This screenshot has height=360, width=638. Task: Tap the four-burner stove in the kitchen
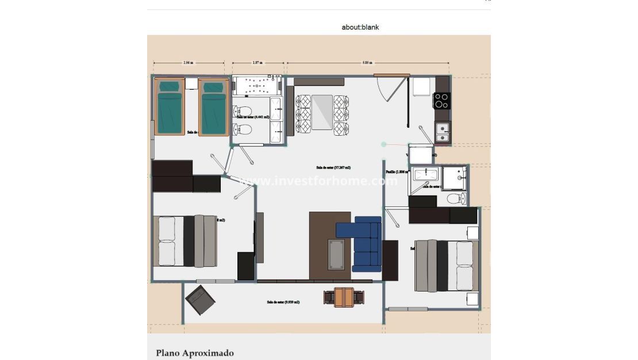point(441,101)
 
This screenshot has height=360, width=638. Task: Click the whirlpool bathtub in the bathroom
point(256,86)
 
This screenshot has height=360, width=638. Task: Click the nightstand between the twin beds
point(191,84)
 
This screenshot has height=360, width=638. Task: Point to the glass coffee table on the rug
point(337,254)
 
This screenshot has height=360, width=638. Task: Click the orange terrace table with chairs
point(344,297)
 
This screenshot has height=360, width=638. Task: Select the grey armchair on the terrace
point(200,300)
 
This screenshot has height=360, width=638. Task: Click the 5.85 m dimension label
point(367,63)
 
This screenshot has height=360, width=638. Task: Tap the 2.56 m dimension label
point(188,63)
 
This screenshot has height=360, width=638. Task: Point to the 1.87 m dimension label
point(257,63)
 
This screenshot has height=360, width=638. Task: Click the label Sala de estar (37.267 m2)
point(333,168)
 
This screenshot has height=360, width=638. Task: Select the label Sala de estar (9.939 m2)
point(283,302)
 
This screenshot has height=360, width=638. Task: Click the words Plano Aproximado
point(195,353)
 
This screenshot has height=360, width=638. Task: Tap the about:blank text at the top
point(360,27)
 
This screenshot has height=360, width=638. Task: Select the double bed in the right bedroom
point(447,266)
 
